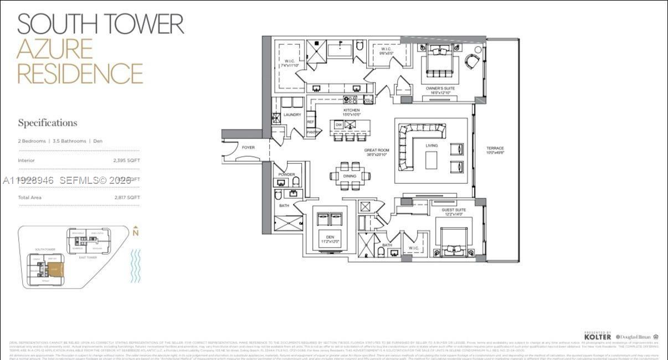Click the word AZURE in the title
click(54, 49)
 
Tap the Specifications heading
click(48, 123)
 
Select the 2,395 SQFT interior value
click(126, 161)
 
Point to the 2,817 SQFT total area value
click(126, 198)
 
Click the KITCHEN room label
click(351, 111)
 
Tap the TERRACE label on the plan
click(495, 148)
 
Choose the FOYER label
click(248, 147)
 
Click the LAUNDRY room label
click(292, 115)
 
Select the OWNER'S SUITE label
click(440, 89)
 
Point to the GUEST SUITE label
click(453, 210)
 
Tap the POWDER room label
click(286, 174)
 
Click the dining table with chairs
click(350, 176)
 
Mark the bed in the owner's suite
click(439, 64)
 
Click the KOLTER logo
click(598, 336)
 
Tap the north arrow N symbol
click(135, 232)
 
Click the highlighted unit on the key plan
click(55, 270)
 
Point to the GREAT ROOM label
click(377, 151)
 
